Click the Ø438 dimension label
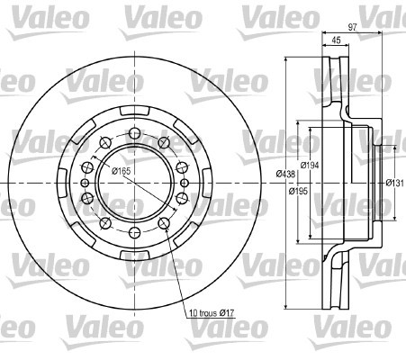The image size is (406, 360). [x=285, y=174]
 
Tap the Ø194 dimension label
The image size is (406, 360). [x=310, y=165]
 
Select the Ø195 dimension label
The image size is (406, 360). [x=298, y=191]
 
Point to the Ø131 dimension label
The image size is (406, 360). [x=394, y=183]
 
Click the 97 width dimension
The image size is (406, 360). [x=352, y=27]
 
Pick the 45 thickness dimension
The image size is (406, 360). [x=337, y=40]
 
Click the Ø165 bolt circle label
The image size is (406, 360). [x=121, y=171]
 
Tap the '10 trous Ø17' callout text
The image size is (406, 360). [x=212, y=313]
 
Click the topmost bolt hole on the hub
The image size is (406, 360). [x=135, y=133]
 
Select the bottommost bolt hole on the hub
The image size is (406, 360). [x=135, y=232]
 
